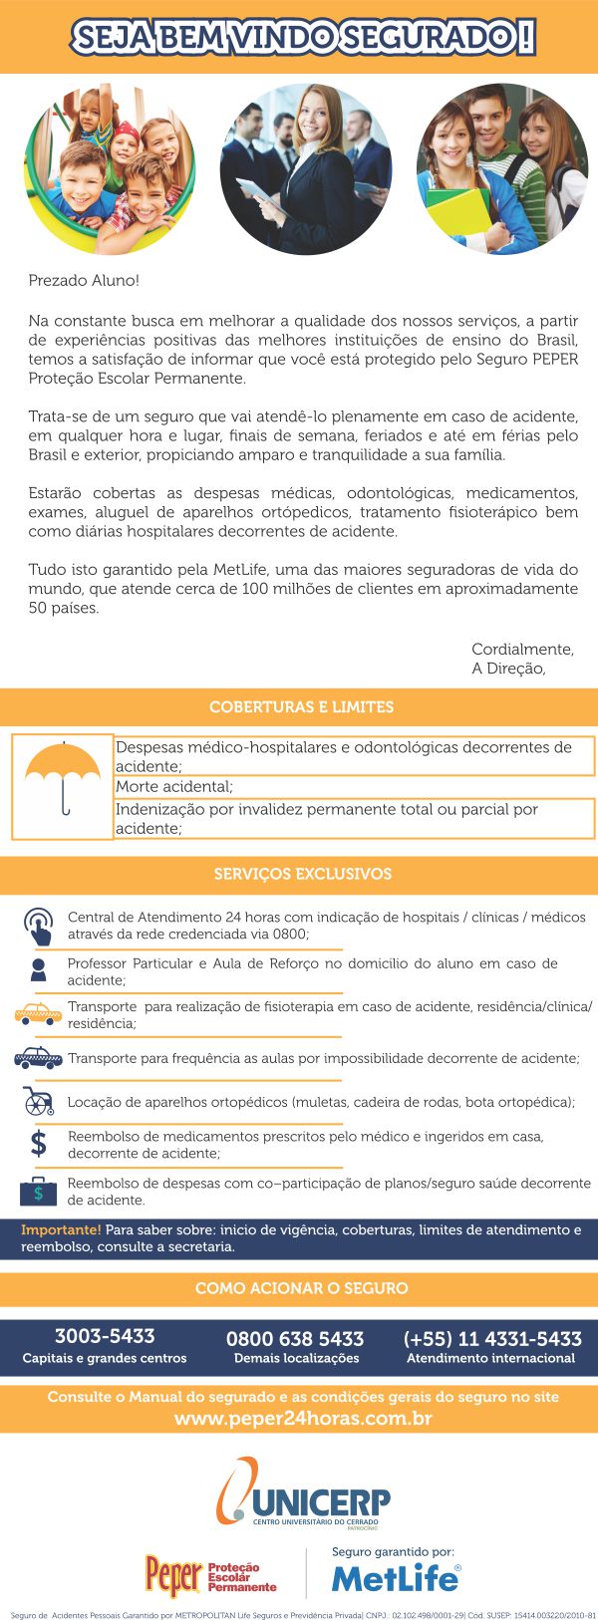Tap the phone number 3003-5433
point(105,1336)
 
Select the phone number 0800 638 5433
point(295,1339)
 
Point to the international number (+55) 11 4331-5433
point(491,1339)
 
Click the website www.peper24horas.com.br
point(303,1418)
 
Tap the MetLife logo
point(396,1578)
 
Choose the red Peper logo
point(173,1575)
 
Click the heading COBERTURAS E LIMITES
point(301,707)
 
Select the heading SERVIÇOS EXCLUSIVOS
point(302,874)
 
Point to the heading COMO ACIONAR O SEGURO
point(301,1288)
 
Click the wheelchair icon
point(38,1101)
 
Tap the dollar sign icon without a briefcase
point(38,1144)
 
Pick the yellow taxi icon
point(38,1014)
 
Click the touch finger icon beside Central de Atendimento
point(38,926)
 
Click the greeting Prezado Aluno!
point(84,281)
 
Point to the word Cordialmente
point(522,650)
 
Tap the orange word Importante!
point(61,1229)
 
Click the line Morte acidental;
point(173,787)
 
